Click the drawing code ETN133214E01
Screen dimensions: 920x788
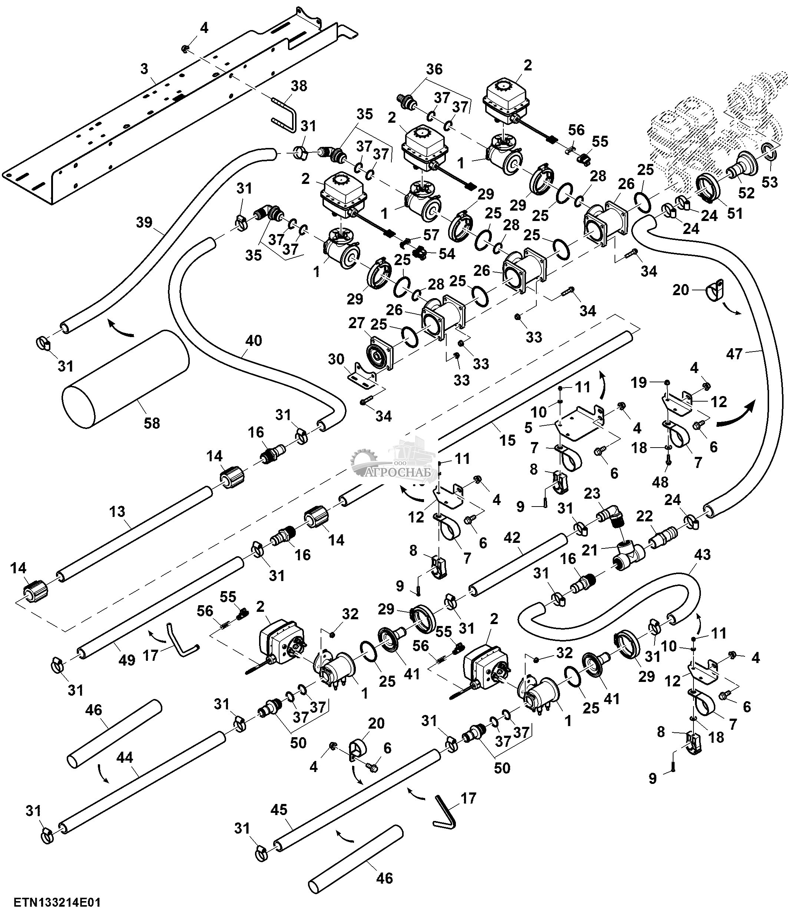coord(57,902)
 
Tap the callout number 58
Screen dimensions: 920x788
coord(152,423)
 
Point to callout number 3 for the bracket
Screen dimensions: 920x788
coord(144,69)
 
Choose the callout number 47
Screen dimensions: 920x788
coord(734,353)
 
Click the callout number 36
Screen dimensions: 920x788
coord(434,69)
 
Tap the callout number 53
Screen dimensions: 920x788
coord(770,182)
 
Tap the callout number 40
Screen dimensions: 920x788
coord(254,341)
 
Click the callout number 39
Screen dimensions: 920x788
coord(144,222)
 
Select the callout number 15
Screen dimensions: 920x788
coord(507,440)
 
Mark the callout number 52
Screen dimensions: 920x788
coord(746,193)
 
